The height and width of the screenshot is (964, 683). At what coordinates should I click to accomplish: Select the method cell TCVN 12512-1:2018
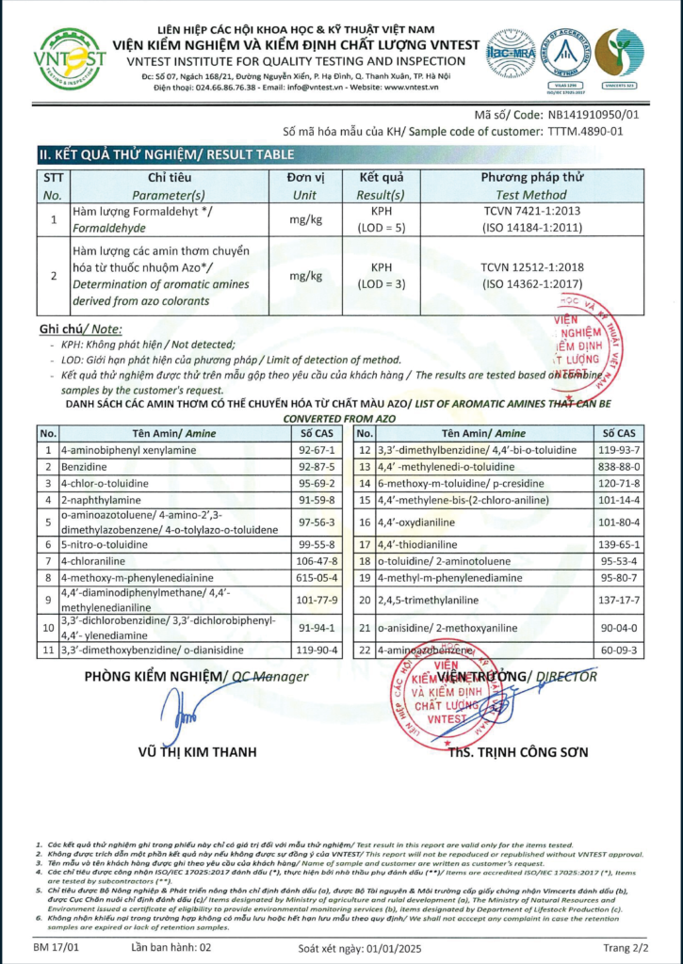click(x=532, y=267)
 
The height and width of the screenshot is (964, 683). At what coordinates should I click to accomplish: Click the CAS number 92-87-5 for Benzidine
click(x=317, y=466)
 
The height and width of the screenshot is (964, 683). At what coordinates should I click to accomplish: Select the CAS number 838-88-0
click(x=620, y=466)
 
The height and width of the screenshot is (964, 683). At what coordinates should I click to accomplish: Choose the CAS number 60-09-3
click(x=620, y=650)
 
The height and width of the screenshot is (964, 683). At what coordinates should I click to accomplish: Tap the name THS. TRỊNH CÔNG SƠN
click(x=518, y=752)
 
